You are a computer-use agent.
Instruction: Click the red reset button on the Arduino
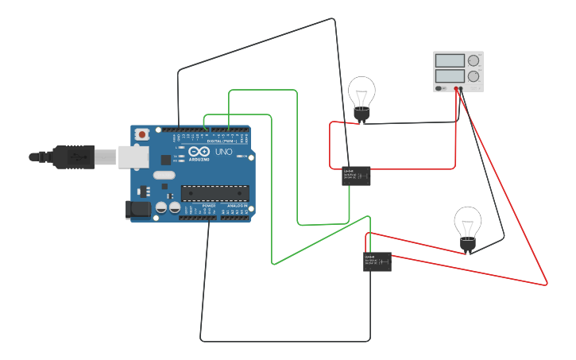pyautogui.click(x=142, y=134)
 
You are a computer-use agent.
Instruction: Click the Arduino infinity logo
pyautogui.click(x=199, y=151)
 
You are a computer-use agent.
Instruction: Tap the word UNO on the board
pyautogui.click(x=224, y=151)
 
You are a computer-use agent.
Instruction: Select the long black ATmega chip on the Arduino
pyautogui.click(x=215, y=192)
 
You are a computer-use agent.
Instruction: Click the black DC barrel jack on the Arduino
pyautogui.click(x=138, y=210)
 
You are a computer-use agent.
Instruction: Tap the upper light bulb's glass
pyautogui.click(x=361, y=92)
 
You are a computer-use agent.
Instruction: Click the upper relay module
pyautogui.click(x=356, y=176)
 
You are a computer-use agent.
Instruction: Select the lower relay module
pyautogui.click(x=377, y=262)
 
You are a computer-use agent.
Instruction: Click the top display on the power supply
pyautogui.click(x=450, y=60)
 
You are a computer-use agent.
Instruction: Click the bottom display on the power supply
pyautogui.click(x=450, y=76)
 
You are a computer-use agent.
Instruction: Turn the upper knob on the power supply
pyautogui.click(x=474, y=60)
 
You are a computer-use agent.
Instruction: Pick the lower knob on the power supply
pyautogui.click(x=474, y=77)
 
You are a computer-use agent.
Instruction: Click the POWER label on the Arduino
pyautogui.click(x=208, y=205)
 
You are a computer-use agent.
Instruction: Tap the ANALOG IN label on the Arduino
pyautogui.click(x=237, y=205)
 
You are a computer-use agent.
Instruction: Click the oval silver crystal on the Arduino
pyautogui.click(x=164, y=175)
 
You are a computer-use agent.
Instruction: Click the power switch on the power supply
pyautogui.click(x=439, y=88)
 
